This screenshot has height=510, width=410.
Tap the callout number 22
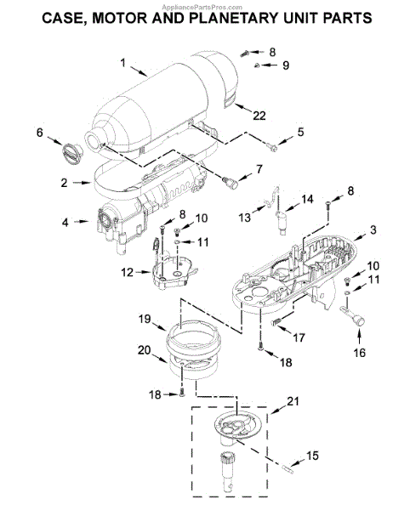(259, 116)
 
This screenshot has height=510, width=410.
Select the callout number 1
(122, 62)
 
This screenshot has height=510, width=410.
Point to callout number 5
(300, 132)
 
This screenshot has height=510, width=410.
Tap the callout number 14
(307, 199)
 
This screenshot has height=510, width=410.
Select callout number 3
(373, 229)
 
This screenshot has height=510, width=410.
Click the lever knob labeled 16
(353, 314)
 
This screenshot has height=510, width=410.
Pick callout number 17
(299, 337)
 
